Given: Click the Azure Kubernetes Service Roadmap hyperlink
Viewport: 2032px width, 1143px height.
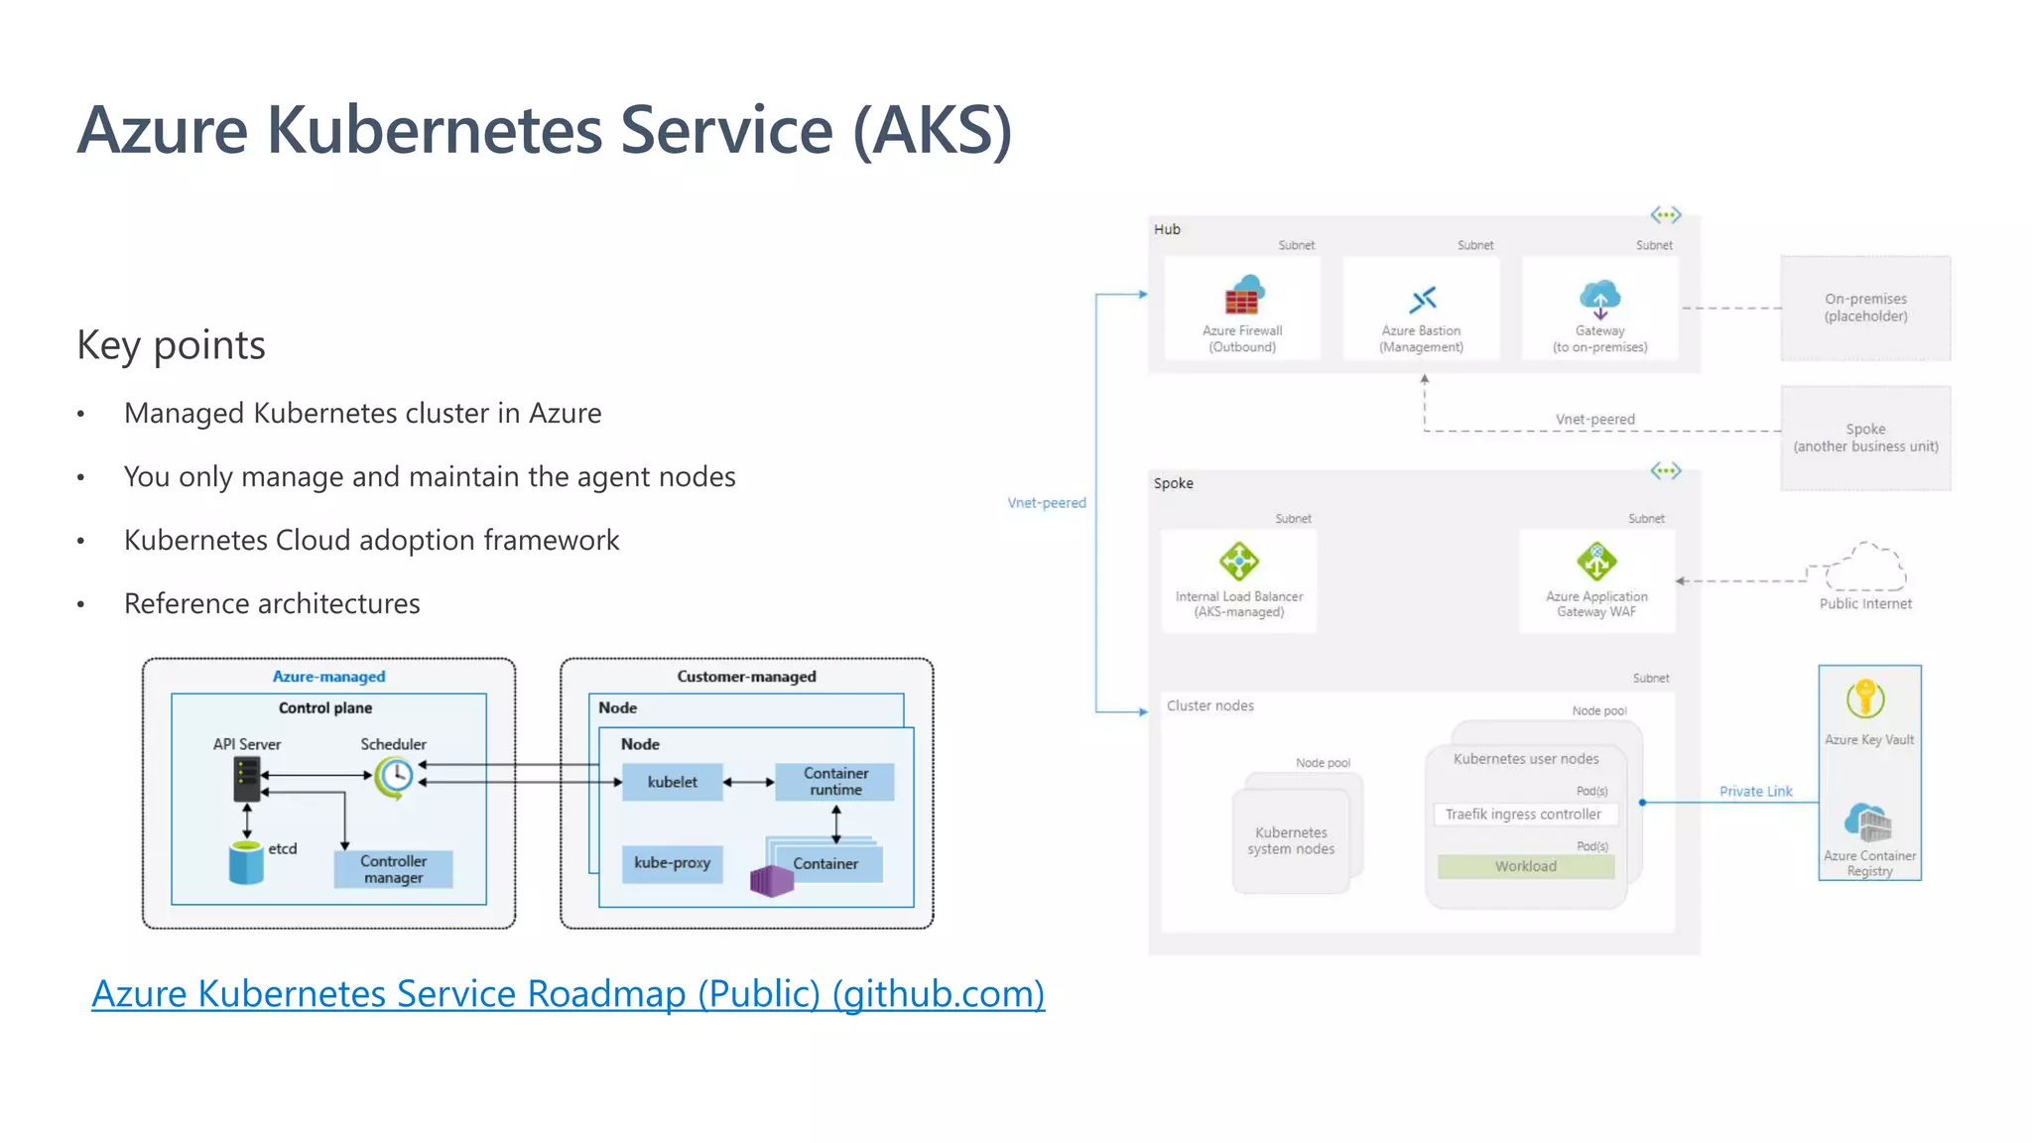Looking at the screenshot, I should (568, 993).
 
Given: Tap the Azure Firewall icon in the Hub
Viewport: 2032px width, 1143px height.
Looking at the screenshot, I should (1243, 296).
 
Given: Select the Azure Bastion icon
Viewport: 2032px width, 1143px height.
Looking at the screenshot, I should (1423, 299).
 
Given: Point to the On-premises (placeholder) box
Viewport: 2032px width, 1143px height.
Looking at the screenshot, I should (1865, 308).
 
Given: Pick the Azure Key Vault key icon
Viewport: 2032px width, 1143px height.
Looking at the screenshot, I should (1865, 698).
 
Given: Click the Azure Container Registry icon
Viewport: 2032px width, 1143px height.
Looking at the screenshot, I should (1868, 822).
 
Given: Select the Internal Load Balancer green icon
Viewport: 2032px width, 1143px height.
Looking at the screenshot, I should (1239, 562).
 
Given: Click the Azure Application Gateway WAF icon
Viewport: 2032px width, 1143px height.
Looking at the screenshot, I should (1596, 562).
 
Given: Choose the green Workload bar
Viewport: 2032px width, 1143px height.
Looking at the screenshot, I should (1526, 866).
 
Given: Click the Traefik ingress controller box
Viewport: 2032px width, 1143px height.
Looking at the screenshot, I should (1524, 815).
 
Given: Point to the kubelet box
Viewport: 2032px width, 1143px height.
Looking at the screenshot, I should (672, 782).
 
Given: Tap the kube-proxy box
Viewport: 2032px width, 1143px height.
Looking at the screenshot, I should (672, 863).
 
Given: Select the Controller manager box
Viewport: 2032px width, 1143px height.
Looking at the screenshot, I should (393, 869).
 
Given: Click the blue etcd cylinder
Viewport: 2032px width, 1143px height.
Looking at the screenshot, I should (246, 862).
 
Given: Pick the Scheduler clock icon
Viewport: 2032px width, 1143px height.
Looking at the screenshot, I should (395, 776).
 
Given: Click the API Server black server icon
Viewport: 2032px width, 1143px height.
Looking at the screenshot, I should (246, 779).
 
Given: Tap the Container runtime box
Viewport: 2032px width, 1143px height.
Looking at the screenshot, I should (835, 782).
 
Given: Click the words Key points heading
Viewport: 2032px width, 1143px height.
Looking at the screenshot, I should (171, 345).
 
